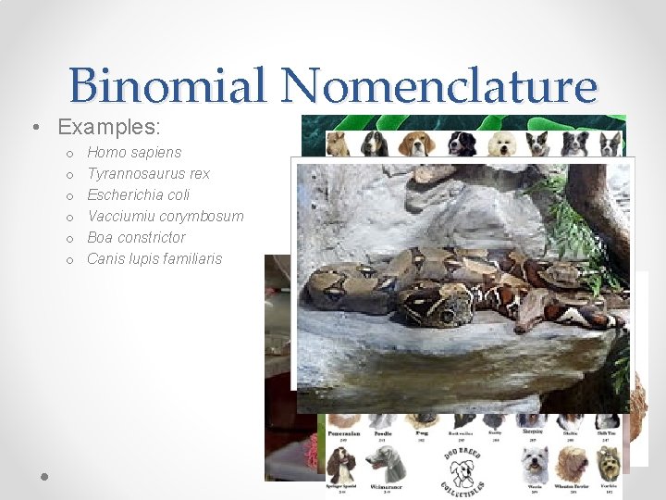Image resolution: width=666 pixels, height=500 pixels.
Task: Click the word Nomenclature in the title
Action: (439, 86)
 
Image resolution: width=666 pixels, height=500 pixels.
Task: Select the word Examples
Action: (108, 126)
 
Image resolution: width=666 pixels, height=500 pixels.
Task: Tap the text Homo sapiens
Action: (134, 152)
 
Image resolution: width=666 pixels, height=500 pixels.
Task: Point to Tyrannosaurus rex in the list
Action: (148, 173)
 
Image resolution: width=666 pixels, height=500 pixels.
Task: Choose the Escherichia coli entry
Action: (138, 194)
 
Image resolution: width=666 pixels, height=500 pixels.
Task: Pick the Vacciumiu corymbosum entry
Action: (165, 216)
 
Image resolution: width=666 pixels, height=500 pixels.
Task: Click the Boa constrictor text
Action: (136, 237)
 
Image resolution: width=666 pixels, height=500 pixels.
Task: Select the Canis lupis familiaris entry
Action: (154, 258)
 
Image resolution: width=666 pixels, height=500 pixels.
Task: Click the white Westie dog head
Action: (535, 463)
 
